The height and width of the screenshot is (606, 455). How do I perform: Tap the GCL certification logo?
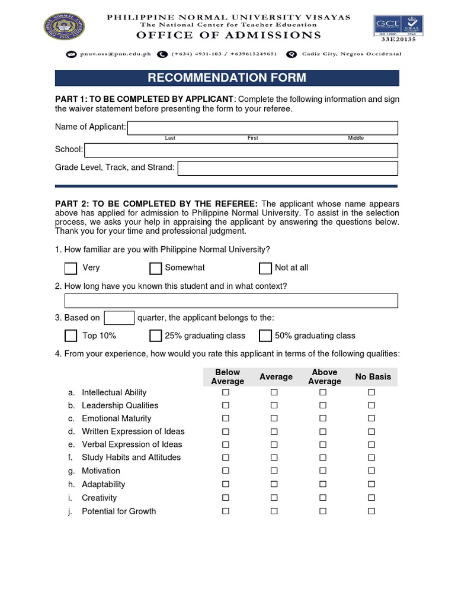[x=386, y=26]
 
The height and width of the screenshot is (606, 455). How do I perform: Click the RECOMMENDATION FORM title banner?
[x=227, y=78]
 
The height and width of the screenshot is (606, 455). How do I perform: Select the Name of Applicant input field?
[x=262, y=128]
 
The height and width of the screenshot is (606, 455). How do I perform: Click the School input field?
[x=241, y=150]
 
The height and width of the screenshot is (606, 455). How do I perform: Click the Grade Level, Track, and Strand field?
[x=288, y=168]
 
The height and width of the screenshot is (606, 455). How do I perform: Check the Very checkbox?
[x=71, y=268]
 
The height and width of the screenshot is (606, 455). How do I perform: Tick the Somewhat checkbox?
[x=156, y=268]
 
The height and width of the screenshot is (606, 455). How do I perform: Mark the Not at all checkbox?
[x=265, y=268]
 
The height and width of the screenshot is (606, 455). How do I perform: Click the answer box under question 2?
[x=231, y=301]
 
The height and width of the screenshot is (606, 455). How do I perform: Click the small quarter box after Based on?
[x=119, y=318]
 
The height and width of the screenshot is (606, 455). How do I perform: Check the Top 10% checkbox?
[x=71, y=336]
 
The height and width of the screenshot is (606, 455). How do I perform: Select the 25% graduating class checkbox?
[x=156, y=336]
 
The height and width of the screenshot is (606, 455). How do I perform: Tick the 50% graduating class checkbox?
[x=265, y=336]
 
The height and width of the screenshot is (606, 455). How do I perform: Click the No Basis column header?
[x=373, y=377]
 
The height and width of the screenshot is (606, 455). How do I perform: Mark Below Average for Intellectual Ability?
[x=225, y=393]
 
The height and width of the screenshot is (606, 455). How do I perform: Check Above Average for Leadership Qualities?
[x=323, y=406]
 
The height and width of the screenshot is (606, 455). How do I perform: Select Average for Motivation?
[x=274, y=471]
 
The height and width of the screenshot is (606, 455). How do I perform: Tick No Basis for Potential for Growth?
[x=371, y=511]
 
